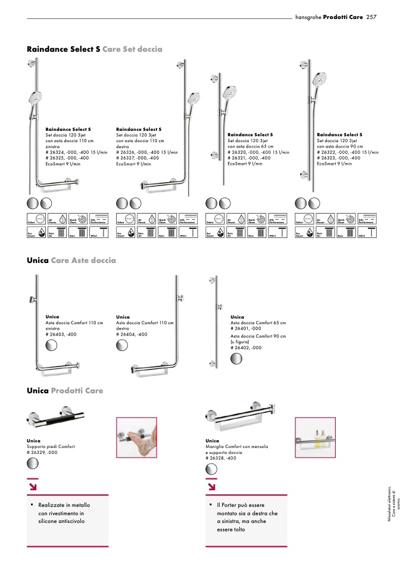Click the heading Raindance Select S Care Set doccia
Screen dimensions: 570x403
[95, 49]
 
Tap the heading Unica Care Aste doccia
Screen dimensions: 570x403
[71, 261]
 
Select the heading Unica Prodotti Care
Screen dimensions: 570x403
[65, 391]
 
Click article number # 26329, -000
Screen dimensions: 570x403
[42, 452]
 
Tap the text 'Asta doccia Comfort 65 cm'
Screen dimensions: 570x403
[258, 322]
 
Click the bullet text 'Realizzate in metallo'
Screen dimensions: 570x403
[64, 505]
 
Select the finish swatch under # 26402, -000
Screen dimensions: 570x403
[236, 358]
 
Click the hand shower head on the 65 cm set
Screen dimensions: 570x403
[230, 92]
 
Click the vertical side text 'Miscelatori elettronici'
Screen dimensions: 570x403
[389, 503]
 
